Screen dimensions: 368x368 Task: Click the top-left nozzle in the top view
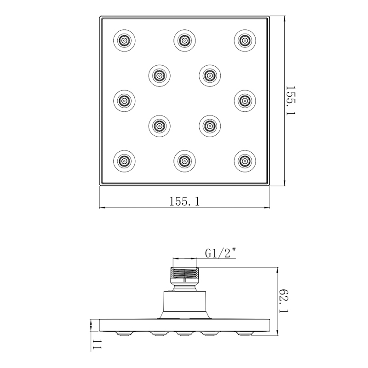124,40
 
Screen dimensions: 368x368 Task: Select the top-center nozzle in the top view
185,40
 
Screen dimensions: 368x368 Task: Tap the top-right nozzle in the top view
245,40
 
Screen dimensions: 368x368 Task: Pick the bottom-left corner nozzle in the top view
124,161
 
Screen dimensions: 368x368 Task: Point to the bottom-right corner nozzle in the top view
245,161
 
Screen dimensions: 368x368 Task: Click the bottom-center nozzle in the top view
185,161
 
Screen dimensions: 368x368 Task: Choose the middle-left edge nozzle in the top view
124,101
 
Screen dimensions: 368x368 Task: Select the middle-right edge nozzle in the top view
245,101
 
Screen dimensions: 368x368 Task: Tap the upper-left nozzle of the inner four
159,75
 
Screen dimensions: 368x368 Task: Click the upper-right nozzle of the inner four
210,75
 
